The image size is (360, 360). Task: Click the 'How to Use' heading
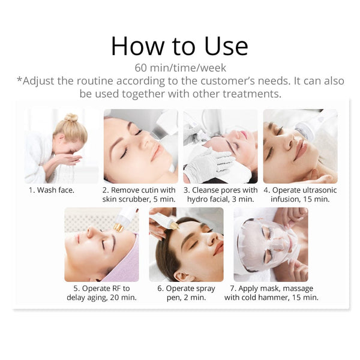179,46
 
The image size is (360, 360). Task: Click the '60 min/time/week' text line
179,67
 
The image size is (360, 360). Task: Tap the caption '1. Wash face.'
53,190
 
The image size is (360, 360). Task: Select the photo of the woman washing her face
61,146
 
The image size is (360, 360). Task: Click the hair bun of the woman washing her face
71,118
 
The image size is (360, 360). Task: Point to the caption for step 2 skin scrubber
140,194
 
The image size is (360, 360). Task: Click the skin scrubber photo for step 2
140,146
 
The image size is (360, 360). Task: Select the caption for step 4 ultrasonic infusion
300,194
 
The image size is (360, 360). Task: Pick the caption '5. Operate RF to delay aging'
101,292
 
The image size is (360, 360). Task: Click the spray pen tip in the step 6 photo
174,225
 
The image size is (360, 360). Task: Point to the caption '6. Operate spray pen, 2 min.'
186,292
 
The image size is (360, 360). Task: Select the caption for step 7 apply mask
271,292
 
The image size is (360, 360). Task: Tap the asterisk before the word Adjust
19,80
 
